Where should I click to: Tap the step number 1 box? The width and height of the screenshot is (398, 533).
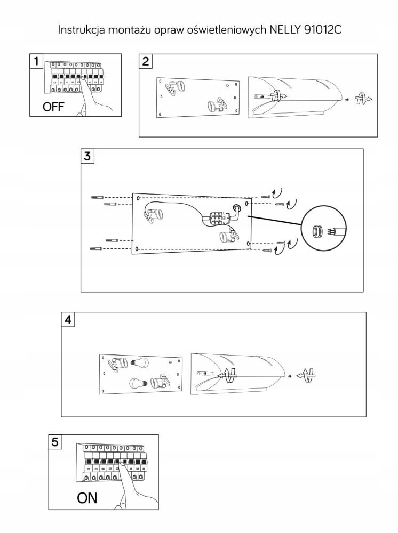click(x=36, y=61)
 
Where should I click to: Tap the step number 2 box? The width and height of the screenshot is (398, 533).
click(x=146, y=61)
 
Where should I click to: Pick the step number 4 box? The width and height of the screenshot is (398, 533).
click(x=68, y=320)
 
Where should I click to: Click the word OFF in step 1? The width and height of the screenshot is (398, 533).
click(x=53, y=107)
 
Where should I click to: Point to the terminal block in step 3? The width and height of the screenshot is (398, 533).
click(x=217, y=219)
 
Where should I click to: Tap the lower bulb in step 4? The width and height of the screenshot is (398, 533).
click(x=137, y=383)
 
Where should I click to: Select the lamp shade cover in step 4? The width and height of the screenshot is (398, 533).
click(x=237, y=373)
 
